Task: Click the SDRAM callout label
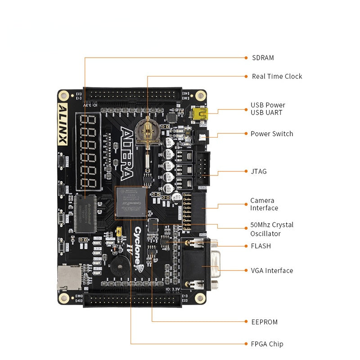(x=263, y=58)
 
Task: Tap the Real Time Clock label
(x=277, y=76)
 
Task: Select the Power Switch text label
(x=272, y=134)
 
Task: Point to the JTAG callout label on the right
(x=258, y=171)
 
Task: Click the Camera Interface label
(x=264, y=204)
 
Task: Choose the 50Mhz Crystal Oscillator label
(x=272, y=229)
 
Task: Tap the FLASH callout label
(x=261, y=246)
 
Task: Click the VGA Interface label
(x=272, y=270)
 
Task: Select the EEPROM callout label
(x=264, y=322)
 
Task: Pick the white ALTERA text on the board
(x=127, y=153)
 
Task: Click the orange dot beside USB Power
(x=246, y=109)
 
